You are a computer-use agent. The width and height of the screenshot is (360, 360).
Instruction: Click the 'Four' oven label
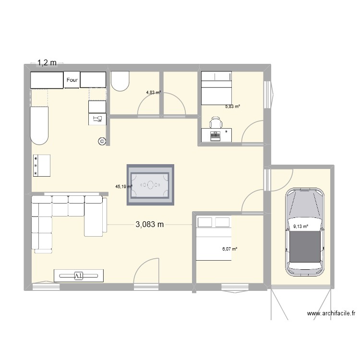click(x=72, y=80)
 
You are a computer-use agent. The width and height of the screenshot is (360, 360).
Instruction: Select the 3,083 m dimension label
click(x=150, y=225)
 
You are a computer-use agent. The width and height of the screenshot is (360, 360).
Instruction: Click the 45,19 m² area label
click(x=123, y=187)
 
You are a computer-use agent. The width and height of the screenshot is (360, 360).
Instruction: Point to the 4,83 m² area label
click(x=154, y=93)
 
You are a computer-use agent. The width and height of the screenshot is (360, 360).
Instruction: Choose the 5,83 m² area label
click(x=232, y=108)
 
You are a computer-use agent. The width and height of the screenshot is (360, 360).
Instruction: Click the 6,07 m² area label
click(x=230, y=249)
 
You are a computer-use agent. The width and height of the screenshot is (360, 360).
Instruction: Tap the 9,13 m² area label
click(x=300, y=226)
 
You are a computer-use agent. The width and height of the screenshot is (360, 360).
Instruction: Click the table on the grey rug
click(x=150, y=184)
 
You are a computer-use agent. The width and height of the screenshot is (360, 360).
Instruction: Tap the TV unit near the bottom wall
click(x=79, y=275)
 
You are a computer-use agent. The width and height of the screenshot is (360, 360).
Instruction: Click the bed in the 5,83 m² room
click(x=216, y=88)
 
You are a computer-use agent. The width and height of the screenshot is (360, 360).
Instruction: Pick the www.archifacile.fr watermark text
click(x=331, y=314)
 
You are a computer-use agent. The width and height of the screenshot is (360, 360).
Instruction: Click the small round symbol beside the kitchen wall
click(x=101, y=141)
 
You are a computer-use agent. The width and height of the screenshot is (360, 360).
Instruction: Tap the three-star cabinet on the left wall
click(x=41, y=166)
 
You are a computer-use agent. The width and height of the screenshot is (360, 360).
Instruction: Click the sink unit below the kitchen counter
click(x=97, y=119)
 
